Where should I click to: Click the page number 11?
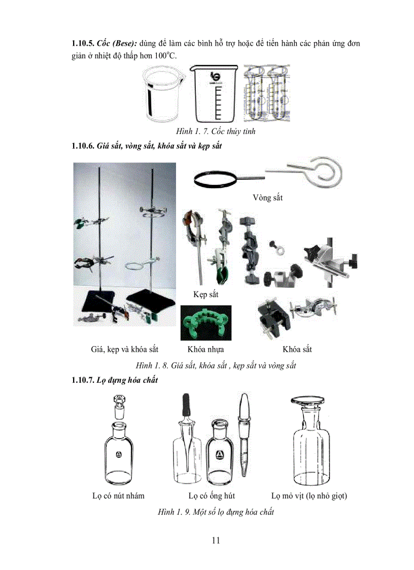216,540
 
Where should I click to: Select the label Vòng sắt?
267,197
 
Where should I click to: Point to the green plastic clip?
205,323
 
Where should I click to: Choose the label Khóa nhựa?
205,349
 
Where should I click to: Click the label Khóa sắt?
297,349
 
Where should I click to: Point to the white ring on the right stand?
148,265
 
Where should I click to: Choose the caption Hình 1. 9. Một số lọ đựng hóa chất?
216,512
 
